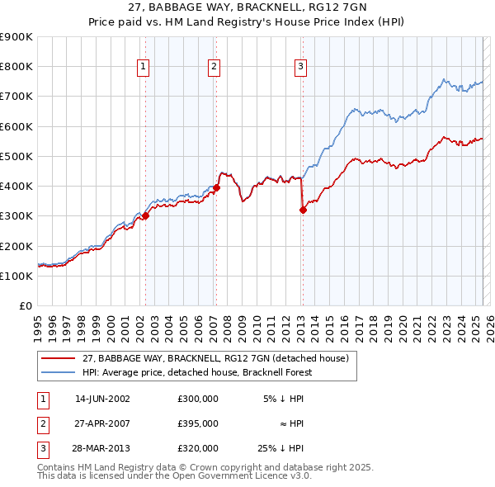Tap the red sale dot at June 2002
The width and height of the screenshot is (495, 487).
tap(145, 216)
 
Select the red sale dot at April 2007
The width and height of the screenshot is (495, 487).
tap(216, 187)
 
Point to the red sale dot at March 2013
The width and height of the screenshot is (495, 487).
tap(303, 210)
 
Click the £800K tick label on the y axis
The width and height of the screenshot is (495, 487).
tap(16, 67)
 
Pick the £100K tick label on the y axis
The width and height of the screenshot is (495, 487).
tap(16, 276)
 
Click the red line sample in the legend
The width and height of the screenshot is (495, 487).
tap(59, 358)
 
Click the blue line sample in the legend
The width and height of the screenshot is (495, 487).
tap(59, 371)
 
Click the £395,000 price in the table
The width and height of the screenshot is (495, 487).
tap(198, 423)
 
